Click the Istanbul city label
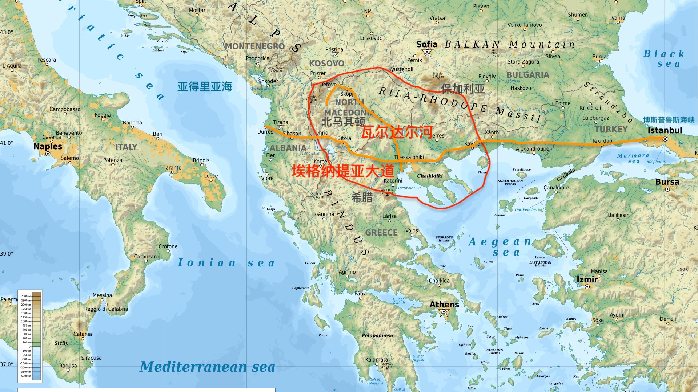665,130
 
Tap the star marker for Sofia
427,52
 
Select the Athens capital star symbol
444,312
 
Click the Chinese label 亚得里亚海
205,87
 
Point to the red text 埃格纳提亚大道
343,171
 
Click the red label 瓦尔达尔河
397,132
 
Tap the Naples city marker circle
48,154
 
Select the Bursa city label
667,182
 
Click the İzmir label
587,279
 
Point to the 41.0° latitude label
7,143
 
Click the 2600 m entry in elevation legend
25,296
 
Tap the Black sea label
664,58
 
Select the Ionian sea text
226,263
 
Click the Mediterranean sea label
207,367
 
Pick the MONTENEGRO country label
254,46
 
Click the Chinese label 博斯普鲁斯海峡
669,120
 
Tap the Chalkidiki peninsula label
430,176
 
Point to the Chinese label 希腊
362,197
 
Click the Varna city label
618,18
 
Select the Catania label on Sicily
83,334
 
